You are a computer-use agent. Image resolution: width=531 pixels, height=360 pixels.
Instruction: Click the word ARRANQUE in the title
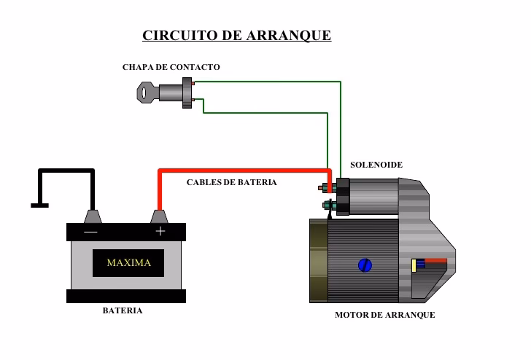[x=290, y=35]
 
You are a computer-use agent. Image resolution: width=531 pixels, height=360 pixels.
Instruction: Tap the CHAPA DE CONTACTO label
[x=171, y=67]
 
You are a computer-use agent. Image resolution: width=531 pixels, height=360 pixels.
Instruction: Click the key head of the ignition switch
[x=147, y=93]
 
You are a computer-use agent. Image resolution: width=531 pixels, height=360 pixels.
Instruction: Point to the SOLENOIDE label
[x=376, y=165]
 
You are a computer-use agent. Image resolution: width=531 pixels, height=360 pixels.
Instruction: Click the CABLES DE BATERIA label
[x=231, y=182]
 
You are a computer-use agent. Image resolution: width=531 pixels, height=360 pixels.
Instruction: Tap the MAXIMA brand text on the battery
[x=128, y=263]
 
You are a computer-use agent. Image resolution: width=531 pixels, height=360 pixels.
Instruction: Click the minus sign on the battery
[x=90, y=232]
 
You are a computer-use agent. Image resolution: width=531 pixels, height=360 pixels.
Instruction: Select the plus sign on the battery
[x=160, y=232]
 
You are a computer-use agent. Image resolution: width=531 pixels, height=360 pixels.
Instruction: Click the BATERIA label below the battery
[x=122, y=310]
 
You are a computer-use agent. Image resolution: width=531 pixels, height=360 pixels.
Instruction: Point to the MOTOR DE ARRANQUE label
[x=384, y=315]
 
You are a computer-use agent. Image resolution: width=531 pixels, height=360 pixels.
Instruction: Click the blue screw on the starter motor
[x=365, y=266]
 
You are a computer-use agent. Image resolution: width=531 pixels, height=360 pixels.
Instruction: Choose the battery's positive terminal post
[x=160, y=216]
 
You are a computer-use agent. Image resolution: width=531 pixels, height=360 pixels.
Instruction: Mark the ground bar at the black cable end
[x=39, y=206]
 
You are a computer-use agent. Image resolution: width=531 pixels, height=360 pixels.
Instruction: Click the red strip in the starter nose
[x=435, y=260]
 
